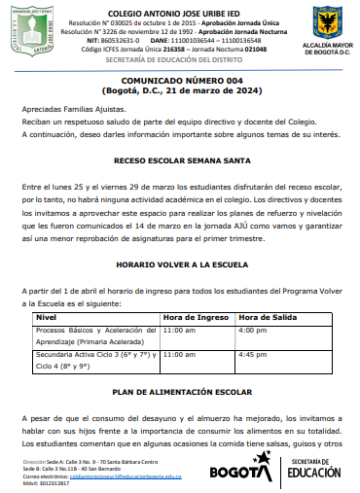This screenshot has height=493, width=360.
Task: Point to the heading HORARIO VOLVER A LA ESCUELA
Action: point(180,264)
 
